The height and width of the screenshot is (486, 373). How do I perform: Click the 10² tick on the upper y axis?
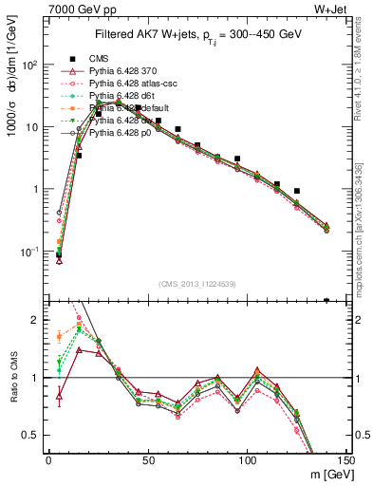pyautogui.click(x=30, y=65)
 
